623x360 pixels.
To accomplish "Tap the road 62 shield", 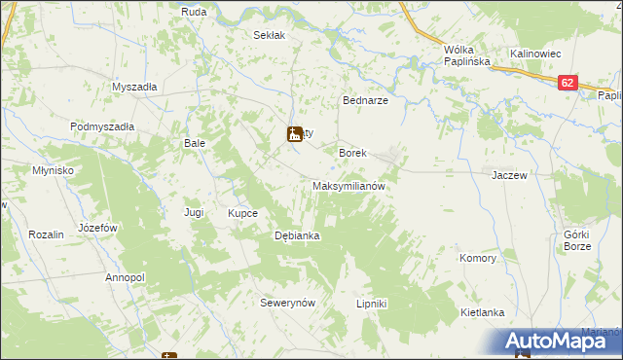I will [568, 84].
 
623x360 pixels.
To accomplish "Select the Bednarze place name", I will [366, 100].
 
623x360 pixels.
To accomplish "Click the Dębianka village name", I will [298, 235].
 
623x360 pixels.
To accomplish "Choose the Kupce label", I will [242, 212].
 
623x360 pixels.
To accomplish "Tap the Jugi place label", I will [194, 211].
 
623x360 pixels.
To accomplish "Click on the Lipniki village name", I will [372, 304].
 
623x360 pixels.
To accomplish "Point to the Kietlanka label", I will [482, 312].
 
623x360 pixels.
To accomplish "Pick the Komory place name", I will [479, 259].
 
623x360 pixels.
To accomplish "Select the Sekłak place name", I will [269, 35].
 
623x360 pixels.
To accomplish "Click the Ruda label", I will [193, 12].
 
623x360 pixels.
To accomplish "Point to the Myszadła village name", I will [134, 86].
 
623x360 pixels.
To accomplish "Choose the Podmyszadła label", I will [101, 126].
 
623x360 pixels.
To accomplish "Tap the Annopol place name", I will [125, 277].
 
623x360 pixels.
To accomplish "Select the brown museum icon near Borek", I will [295, 134].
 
